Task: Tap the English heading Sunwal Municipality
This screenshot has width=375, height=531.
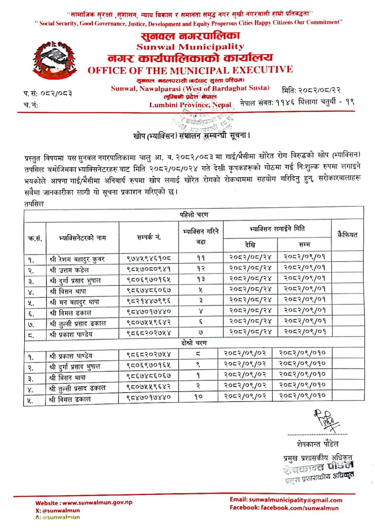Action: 190,47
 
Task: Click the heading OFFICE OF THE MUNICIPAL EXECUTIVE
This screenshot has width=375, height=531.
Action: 190,70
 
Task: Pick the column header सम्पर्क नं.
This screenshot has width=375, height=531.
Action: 148,237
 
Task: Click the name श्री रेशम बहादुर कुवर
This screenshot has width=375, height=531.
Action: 77,259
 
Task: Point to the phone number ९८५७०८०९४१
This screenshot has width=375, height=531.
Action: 148,268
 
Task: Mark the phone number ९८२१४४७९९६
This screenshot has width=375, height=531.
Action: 148,300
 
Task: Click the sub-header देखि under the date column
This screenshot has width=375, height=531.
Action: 250,245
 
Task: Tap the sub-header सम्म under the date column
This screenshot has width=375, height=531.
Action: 304,245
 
